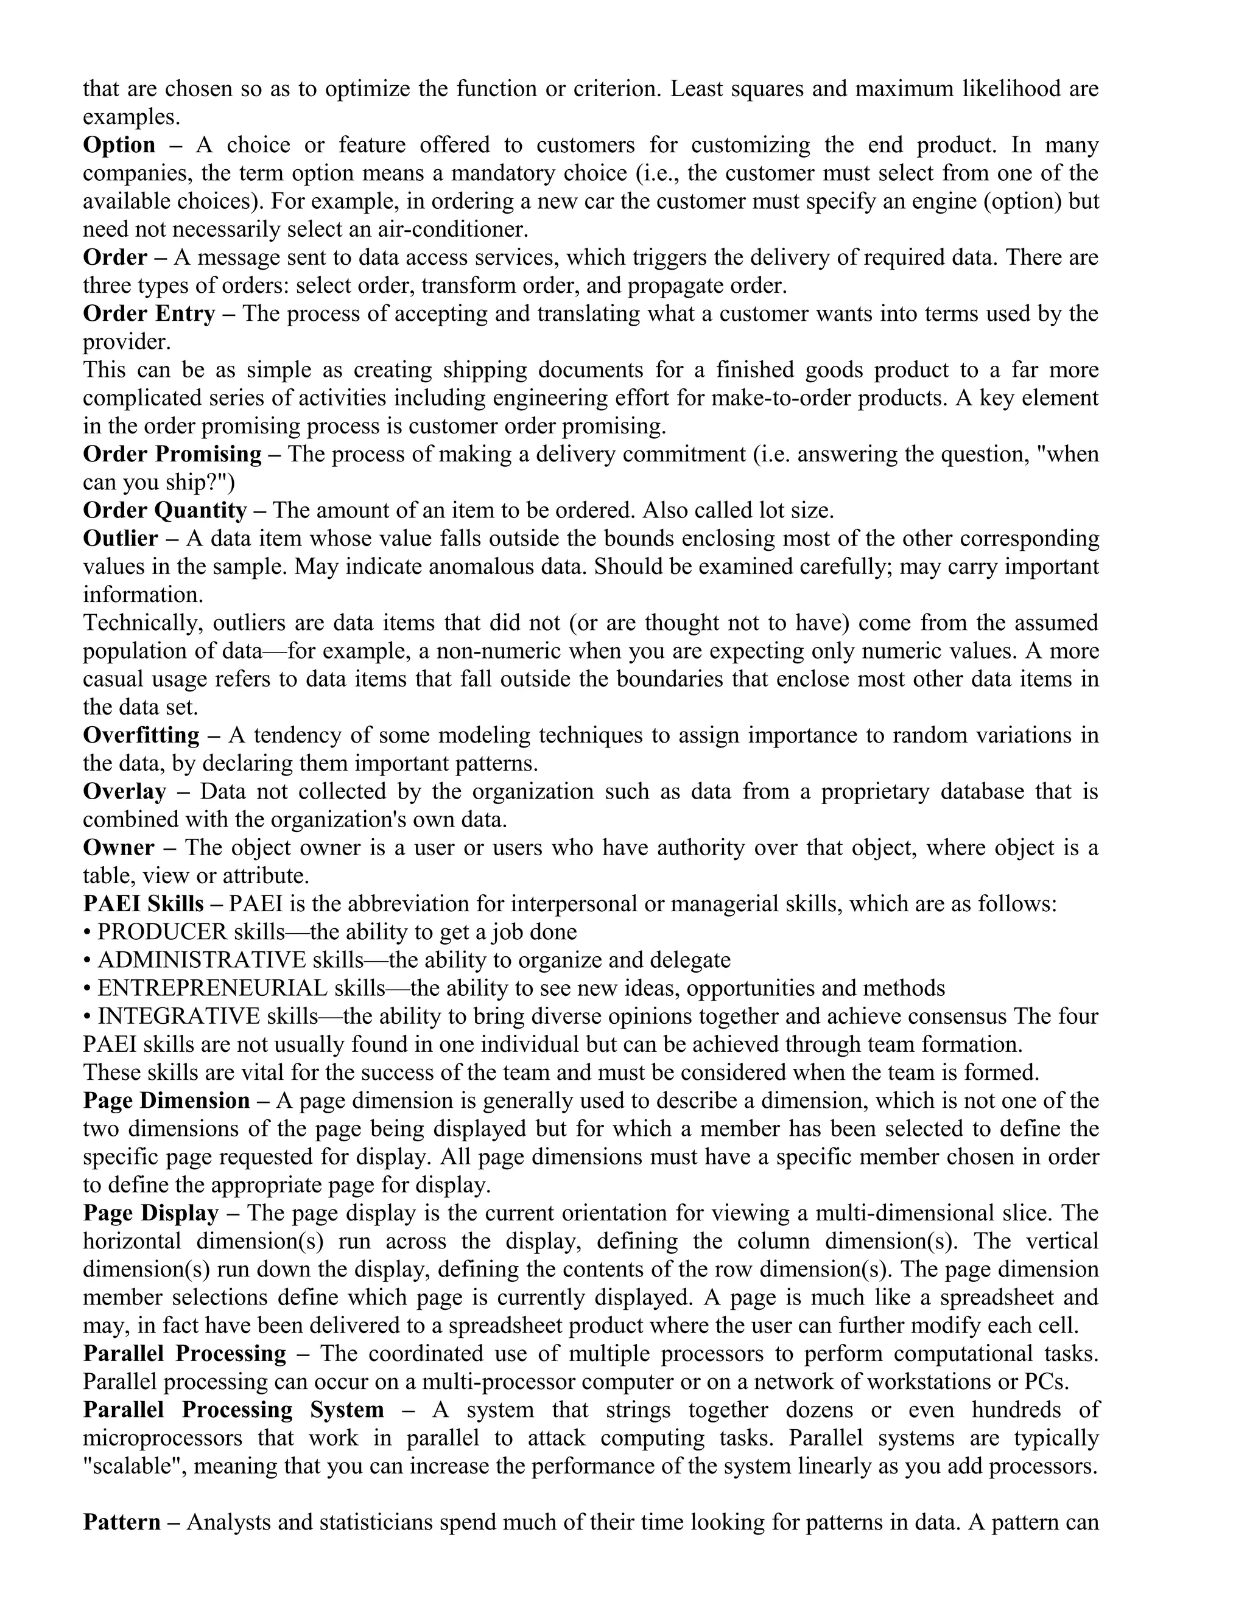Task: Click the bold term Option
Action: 119,145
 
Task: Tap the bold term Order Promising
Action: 172,453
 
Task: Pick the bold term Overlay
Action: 124,791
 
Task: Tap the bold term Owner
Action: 118,847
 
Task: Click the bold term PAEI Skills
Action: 143,903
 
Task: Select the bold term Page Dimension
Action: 166,1100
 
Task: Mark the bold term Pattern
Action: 122,1522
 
